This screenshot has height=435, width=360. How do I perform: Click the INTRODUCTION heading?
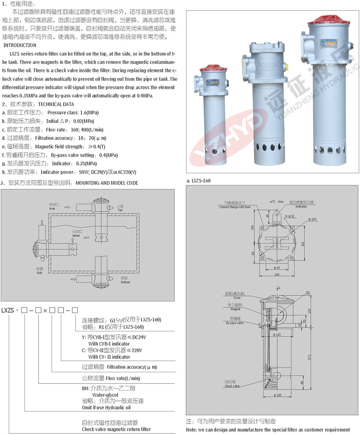click(20, 45)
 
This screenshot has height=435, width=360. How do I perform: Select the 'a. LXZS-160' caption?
click(199, 181)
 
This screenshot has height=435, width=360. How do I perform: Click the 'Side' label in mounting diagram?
click(39, 272)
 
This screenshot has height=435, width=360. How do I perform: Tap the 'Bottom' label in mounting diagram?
click(126, 282)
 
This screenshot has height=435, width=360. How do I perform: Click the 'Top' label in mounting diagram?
click(120, 210)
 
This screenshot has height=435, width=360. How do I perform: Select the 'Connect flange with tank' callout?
click(235, 207)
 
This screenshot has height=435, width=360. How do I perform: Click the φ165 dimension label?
click(313, 219)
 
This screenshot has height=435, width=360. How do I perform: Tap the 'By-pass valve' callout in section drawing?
click(235, 323)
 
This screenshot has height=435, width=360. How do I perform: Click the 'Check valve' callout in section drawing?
click(232, 386)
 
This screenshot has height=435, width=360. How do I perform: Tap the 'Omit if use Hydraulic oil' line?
click(106, 407)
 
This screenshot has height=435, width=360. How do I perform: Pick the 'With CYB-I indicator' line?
click(109, 344)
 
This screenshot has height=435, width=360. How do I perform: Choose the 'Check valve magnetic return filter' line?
click(116, 429)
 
